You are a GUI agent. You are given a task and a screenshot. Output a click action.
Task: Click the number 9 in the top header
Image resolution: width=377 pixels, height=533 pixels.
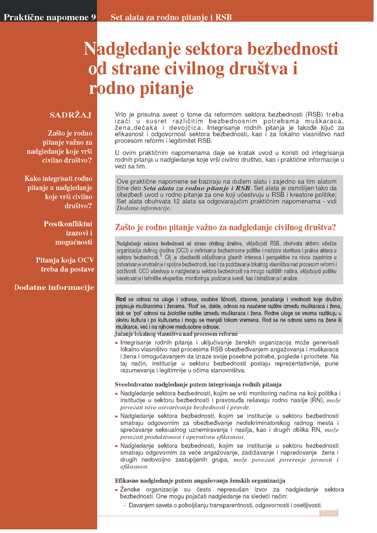(93, 17)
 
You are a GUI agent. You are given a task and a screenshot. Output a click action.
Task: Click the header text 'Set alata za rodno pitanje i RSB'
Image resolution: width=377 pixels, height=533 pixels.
(171, 17)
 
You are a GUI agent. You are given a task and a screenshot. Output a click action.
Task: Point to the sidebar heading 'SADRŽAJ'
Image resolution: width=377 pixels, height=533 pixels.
(70, 114)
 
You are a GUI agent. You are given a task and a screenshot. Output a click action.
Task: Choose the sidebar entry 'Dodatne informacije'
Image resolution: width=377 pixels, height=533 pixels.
(54, 287)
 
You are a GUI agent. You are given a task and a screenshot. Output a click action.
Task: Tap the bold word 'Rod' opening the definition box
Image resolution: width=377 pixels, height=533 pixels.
(121, 299)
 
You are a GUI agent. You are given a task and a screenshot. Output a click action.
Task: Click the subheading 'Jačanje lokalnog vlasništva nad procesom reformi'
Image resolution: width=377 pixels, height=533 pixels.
(176, 334)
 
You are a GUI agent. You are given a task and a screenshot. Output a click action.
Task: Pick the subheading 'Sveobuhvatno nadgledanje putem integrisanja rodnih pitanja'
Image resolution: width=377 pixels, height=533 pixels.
(198, 384)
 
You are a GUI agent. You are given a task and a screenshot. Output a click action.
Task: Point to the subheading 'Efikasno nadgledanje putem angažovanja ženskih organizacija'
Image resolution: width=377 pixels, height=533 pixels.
(199, 480)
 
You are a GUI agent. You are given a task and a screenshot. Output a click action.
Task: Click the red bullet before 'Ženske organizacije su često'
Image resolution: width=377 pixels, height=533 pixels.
(116, 490)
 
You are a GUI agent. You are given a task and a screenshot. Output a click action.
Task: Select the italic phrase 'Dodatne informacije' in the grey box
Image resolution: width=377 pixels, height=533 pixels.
(143, 208)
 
